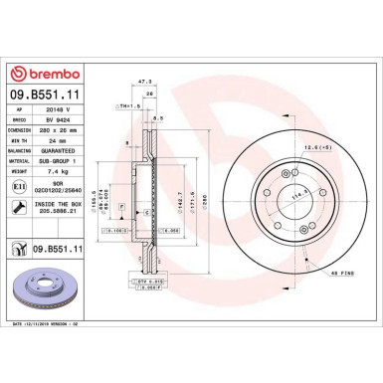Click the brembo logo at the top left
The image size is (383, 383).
(42, 72)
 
